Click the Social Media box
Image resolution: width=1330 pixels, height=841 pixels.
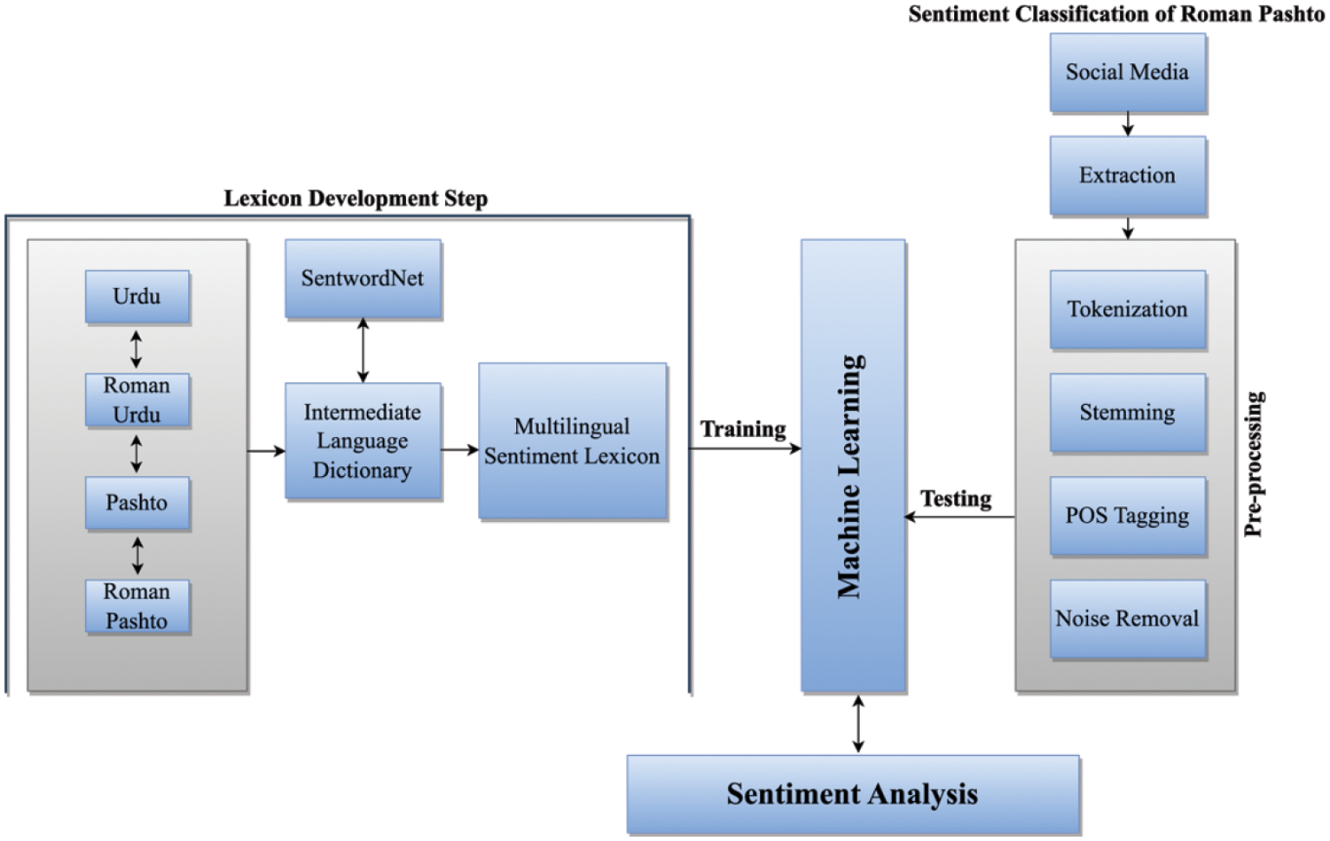click(x=1128, y=73)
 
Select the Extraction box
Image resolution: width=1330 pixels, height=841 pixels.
click(x=1128, y=175)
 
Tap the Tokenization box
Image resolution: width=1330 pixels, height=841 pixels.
click(x=1128, y=309)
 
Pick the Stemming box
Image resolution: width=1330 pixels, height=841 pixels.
click(x=1128, y=412)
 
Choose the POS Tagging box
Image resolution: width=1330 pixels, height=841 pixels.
click(x=1128, y=516)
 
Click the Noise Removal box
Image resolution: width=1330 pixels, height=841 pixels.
click(x=1128, y=619)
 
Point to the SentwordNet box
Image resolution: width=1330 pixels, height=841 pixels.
click(x=363, y=279)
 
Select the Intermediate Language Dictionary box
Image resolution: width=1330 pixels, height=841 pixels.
click(x=363, y=441)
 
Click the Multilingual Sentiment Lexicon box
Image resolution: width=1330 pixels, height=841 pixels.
click(x=573, y=441)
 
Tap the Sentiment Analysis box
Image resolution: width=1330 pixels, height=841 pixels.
click(x=853, y=795)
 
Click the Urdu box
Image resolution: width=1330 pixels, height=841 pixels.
click(x=137, y=297)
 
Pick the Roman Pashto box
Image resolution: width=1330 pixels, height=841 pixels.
click(x=137, y=606)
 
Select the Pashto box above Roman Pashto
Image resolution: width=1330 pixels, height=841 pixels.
click(x=137, y=502)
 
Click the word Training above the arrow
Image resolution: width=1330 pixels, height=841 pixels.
click(x=743, y=429)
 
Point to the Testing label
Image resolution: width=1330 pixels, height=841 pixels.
click(x=956, y=499)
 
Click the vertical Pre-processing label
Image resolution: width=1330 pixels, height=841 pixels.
click(x=1254, y=464)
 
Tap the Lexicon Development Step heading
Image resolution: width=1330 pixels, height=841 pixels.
click(x=356, y=199)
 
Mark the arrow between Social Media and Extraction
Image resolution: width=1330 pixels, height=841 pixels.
click(x=1128, y=124)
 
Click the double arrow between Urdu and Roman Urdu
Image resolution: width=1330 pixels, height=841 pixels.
click(x=136, y=349)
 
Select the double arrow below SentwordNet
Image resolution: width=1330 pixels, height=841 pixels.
click(x=363, y=350)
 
